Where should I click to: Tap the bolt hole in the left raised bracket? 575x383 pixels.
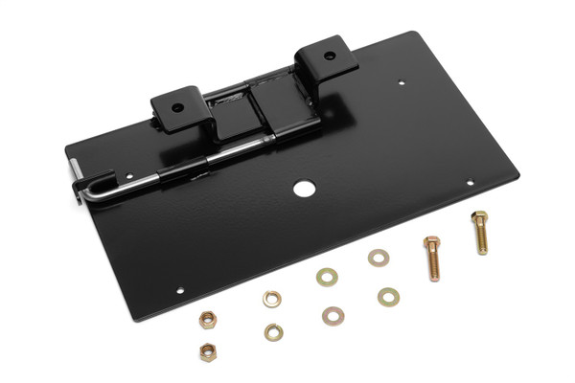pyautogui.click(x=178, y=105)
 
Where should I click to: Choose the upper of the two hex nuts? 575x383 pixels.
pyautogui.click(x=206, y=319)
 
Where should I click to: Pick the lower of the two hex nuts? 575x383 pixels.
pyautogui.click(x=207, y=351)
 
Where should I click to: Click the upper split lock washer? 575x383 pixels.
pyautogui.click(x=271, y=299)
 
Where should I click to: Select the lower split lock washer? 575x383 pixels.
pyautogui.click(x=273, y=332)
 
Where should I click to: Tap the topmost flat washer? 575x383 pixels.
pyautogui.click(x=379, y=258)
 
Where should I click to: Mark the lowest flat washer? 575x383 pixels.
pyautogui.click(x=333, y=314)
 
